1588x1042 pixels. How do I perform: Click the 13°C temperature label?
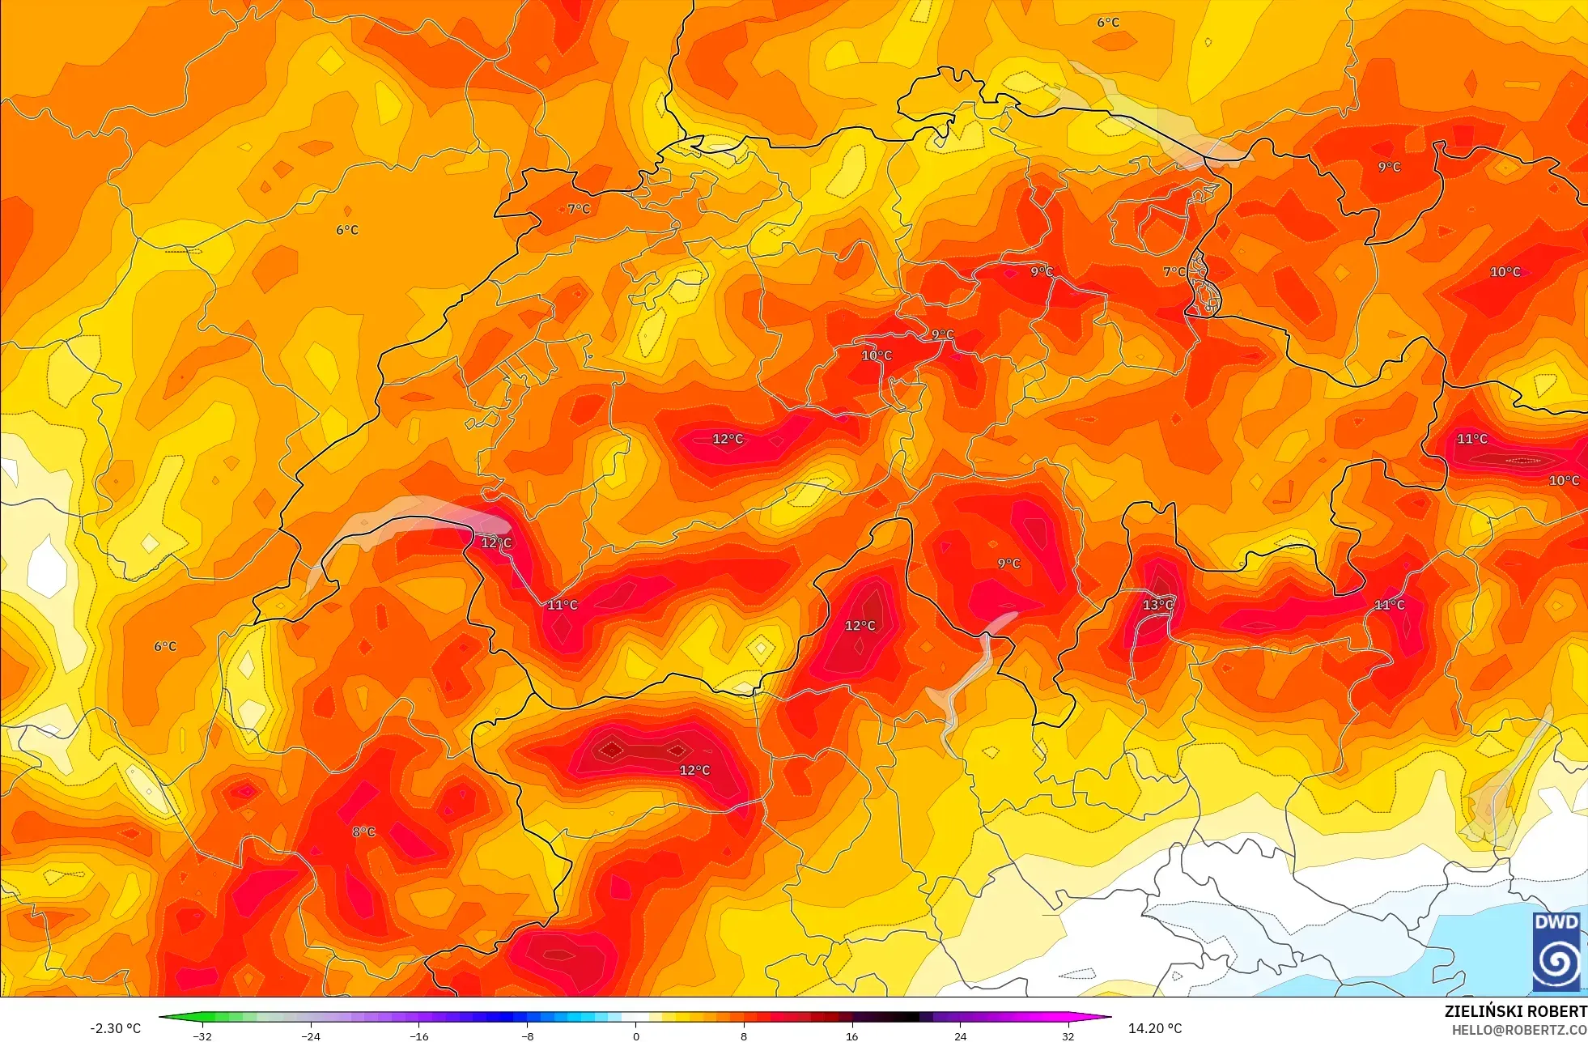pos(1157,605)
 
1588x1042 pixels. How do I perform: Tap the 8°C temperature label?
pos(363,831)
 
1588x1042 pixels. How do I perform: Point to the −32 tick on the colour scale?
pos(202,1036)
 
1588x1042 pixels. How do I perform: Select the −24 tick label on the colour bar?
pos(311,1036)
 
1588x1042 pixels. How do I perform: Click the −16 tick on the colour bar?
pos(418,1036)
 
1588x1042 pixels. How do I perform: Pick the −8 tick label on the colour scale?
pos(527,1036)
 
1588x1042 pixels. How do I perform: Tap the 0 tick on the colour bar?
pos(635,1036)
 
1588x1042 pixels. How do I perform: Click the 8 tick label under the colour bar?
pos(744,1036)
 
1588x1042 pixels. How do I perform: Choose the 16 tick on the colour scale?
pos(851,1036)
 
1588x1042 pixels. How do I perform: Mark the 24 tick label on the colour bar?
pos(960,1036)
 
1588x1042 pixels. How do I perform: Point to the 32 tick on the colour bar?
pos(1068,1036)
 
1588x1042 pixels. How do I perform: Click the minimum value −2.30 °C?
pos(115,1028)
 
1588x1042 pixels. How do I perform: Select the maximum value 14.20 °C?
pos(1155,1028)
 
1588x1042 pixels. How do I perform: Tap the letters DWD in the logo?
pos(1556,922)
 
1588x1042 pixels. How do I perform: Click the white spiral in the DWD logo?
pos(1556,961)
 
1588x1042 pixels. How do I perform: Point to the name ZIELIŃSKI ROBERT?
pos(1515,1011)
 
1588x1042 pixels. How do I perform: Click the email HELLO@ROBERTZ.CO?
pos(1518,1030)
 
